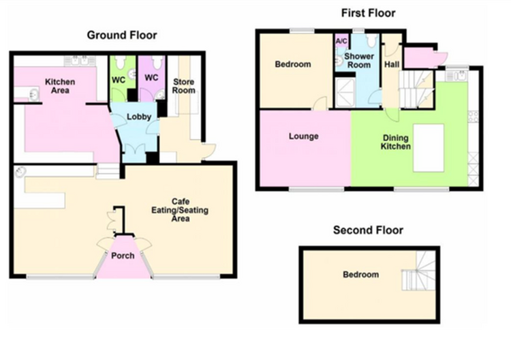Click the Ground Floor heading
(122, 35)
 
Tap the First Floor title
(368, 13)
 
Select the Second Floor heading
(368, 230)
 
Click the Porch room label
(123, 256)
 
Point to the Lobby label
(139, 117)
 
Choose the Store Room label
(184, 86)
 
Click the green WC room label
(119, 80)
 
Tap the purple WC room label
(151, 78)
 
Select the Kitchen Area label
(60, 86)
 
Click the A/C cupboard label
(341, 42)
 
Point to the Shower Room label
(359, 61)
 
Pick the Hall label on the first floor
(392, 65)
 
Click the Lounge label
(303, 136)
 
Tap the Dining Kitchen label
(396, 142)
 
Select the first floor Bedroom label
(293, 64)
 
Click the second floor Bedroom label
(360, 275)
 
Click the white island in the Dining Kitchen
(429, 148)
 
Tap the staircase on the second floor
(419, 270)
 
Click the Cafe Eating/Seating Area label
(180, 210)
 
